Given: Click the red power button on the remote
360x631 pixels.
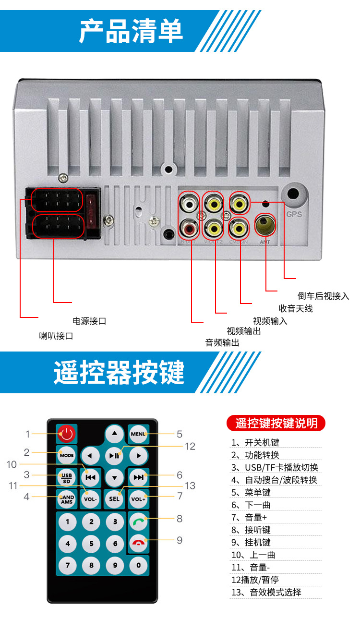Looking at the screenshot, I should (66, 434).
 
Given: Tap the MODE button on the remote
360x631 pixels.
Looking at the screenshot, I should (66, 454).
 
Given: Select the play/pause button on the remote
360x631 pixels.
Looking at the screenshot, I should (114, 455).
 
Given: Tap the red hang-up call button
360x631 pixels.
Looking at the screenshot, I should (139, 543).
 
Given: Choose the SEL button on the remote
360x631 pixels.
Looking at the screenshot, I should (114, 498).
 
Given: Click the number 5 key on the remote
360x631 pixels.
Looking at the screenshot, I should (91, 544).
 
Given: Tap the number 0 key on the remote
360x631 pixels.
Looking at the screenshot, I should (139, 565).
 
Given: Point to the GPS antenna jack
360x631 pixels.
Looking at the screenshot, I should (294, 195).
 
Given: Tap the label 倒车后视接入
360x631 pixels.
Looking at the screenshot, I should (323, 296).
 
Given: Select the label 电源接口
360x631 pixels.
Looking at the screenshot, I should (89, 321).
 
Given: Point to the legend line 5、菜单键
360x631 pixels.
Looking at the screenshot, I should (251, 492).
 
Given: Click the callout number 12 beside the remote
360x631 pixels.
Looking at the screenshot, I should (190, 446).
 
